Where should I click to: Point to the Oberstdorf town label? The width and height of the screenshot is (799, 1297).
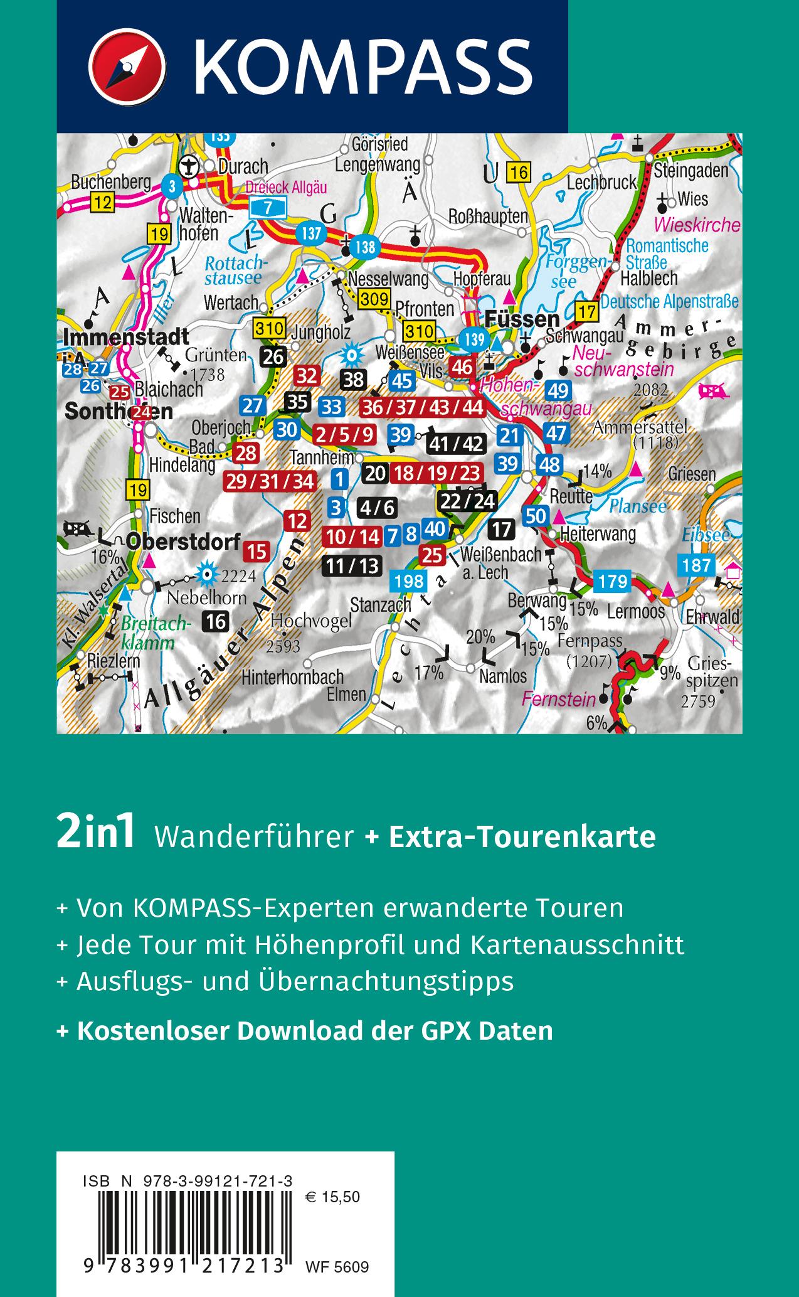click(183, 541)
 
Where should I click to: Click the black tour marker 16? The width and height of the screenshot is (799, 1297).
click(216, 621)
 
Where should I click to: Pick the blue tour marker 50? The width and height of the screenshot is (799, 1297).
click(536, 516)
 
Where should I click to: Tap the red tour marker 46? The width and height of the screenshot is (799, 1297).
click(462, 366)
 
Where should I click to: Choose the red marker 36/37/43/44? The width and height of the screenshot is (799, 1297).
click(423, 407)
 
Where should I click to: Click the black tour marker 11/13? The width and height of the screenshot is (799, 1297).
click(352, 565)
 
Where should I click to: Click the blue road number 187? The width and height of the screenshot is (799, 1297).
click(697, 565)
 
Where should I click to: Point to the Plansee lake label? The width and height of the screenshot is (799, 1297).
click(638, 506)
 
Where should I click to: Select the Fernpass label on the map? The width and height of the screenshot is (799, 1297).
click(591, 641)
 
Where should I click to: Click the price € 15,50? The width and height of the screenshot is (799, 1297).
click(332, 1197)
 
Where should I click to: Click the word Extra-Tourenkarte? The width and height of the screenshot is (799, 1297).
click(522, 836)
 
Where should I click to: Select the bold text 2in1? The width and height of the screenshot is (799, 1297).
click(95, 834)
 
